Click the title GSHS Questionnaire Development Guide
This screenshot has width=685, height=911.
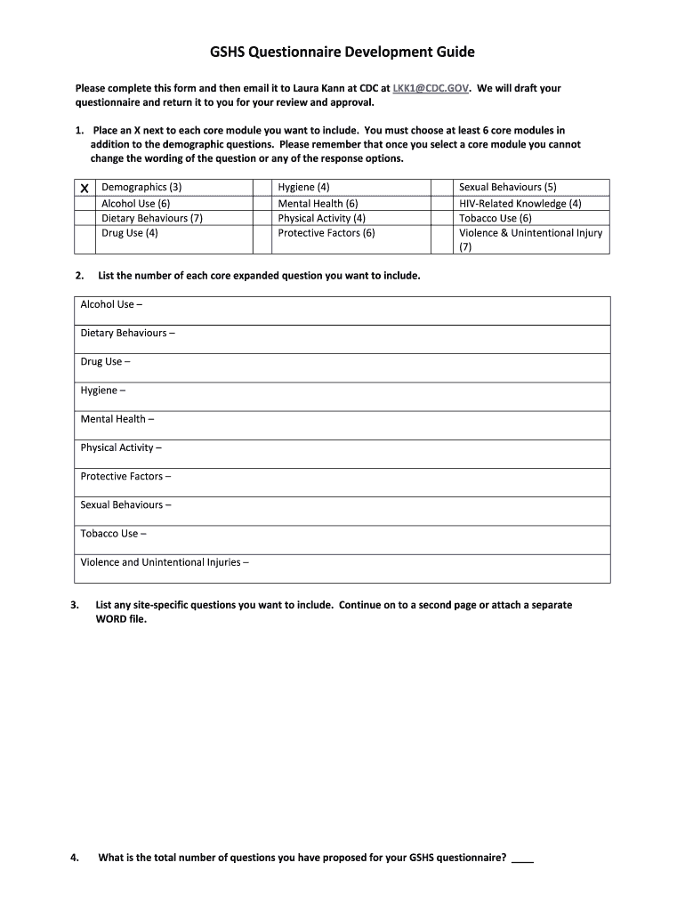pos(342,52)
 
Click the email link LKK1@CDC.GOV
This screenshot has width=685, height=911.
pos(431,88)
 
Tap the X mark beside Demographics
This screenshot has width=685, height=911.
pos(84,189)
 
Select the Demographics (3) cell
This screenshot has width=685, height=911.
pos(141,188)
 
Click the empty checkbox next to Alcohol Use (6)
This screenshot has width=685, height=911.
pos(84,204)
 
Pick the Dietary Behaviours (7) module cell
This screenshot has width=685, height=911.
pos(152,218)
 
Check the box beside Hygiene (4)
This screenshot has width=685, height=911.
pos(262,188)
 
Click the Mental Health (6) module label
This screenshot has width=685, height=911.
pos(318,204)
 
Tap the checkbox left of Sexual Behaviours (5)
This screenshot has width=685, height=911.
pos(442,188)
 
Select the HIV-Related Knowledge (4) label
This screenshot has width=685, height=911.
pos(520,204)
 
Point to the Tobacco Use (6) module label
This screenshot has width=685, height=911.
pos(495,218)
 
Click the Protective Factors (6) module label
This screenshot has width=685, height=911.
pos(326,233)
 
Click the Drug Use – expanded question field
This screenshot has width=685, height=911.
pos(342,362)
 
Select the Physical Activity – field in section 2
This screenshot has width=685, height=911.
pos(342,448)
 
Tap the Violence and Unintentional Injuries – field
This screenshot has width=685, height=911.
pos(342,563)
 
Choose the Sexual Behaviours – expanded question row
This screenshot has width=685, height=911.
pos(342,505)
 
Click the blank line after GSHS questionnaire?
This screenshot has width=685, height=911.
pos(523,859)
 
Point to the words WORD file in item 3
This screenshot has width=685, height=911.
pos(120,619)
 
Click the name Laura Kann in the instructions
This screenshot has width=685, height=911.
pos(307,88)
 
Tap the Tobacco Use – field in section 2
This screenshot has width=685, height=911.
pos(342,534)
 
